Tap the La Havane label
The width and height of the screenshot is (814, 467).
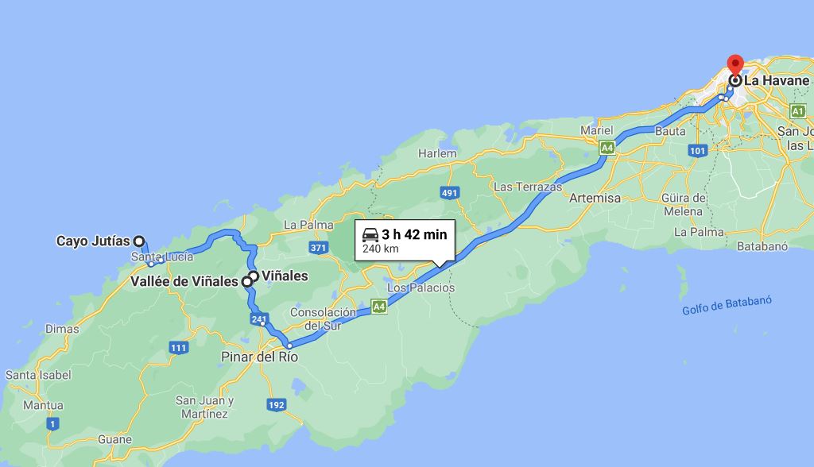point(776,80)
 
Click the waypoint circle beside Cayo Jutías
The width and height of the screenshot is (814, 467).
point(138,241)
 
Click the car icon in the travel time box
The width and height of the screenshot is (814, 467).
point(370,234)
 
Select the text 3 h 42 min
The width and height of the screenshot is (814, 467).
point(414,234)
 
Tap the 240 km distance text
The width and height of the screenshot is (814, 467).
point(380,249)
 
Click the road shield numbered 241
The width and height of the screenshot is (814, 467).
point(258,319)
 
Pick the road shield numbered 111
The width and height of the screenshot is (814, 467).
point(178,348)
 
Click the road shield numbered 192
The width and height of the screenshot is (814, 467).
point(276,405)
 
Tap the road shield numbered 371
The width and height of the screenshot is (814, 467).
point(319,249)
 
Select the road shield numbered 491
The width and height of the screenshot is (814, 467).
point(449,192)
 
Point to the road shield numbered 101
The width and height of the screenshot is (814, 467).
point(698,149)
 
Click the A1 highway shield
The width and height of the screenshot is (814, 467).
point(798,111)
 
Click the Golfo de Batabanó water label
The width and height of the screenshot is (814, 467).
point(727,306)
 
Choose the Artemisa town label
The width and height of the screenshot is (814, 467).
point(595,198)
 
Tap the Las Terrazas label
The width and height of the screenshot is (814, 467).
point(528,187)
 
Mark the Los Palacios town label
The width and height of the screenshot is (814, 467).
point(421,287)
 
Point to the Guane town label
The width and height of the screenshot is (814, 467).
point(114,439)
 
